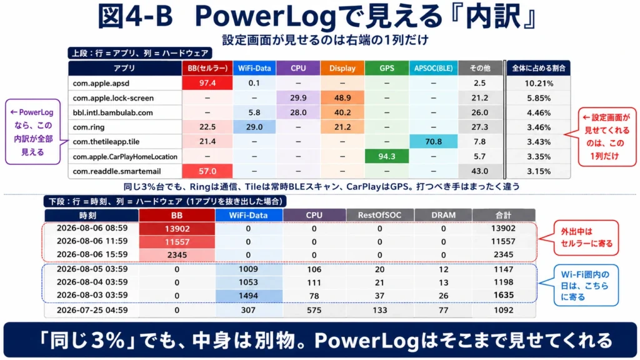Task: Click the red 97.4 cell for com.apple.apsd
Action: coord(207,83)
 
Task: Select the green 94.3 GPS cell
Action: coord(386,156)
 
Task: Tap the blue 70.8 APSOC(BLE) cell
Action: coord(433,142)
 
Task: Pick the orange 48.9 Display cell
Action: coord(342,98)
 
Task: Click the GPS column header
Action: coord(386,68)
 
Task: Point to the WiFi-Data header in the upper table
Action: coord(254,68)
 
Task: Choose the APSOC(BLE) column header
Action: coord(433,68)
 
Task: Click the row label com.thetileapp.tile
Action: coord(106,142)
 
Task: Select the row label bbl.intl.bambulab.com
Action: coord(112,112)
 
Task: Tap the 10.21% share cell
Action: coord(539,83)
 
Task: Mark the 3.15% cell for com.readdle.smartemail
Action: coord(539,171)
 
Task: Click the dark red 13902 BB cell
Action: coord(177,229)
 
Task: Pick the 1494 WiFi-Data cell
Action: coord(248,296)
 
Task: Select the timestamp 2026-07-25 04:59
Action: coord(92,310)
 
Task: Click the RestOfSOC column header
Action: coord(379,215)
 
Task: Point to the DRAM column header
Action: coord(443,215)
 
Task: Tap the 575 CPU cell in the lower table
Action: coord(314,310)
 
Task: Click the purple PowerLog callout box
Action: coord(32,132)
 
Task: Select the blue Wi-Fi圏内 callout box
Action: coord(586,285)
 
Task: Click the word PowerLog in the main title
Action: coord(266,16)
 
